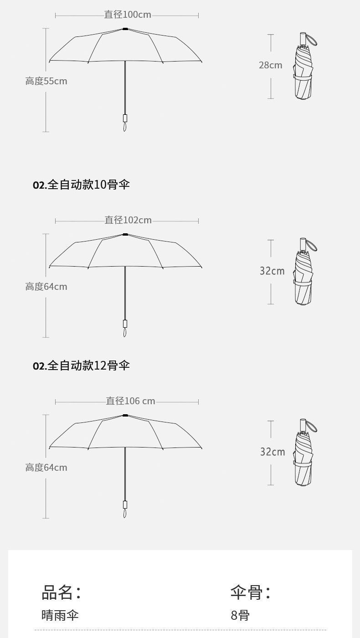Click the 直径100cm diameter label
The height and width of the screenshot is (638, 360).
128,15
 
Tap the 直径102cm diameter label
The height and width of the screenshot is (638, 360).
128,220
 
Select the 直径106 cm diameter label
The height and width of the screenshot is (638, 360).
130,401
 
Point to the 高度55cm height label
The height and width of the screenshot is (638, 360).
46,81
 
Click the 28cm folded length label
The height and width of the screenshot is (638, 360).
270,65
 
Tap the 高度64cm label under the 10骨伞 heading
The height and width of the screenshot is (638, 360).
46,287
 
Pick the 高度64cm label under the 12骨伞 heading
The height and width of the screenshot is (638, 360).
46,468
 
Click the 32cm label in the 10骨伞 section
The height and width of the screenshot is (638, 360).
272,271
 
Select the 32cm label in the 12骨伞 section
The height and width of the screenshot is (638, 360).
272,452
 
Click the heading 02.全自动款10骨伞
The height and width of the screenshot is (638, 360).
81,185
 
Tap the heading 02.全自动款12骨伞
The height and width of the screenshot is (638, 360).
81,365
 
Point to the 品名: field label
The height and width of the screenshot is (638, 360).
61,592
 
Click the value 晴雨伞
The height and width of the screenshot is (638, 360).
60,615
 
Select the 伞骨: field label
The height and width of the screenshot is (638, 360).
250,592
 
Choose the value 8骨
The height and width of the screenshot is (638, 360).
240,615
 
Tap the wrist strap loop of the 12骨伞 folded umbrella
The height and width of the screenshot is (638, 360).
312,426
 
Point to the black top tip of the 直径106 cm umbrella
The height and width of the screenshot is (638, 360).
125,416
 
